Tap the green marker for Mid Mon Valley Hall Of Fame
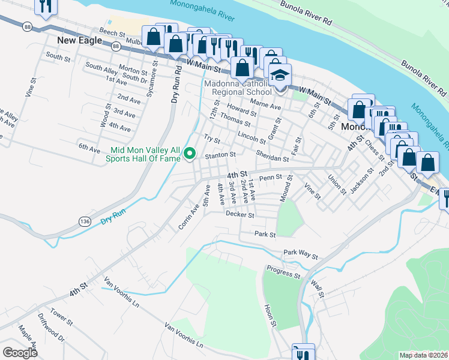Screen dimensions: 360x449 (190, 154)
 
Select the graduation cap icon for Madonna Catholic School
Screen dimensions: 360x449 (280, 76)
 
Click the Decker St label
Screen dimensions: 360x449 (240, 214)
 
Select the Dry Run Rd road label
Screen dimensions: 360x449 (176, 82)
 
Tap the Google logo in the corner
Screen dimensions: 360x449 (20, 353)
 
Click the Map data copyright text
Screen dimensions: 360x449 (423, 355)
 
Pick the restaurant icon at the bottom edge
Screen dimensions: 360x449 (303, 353)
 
